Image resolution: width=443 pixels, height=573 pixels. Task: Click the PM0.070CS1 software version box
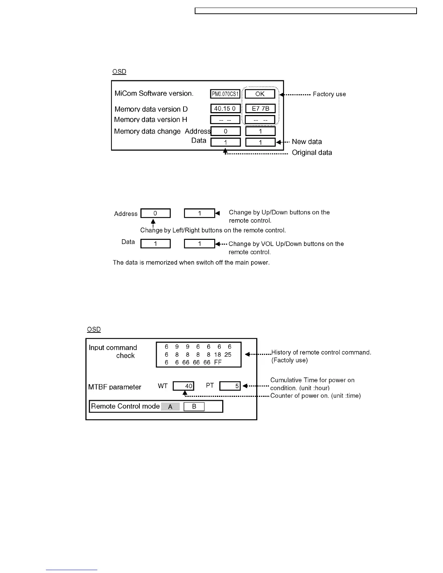click(225, 94)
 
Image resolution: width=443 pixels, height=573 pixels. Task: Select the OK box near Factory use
click(260, 94)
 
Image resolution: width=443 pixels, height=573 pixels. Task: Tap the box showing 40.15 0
click(225, 109)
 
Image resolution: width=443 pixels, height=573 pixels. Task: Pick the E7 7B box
click(260, 109)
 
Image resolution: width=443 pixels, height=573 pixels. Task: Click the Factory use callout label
click(329, 94)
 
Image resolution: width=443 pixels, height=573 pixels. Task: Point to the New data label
click(307, 142)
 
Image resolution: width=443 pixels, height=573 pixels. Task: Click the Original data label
click(312, 153)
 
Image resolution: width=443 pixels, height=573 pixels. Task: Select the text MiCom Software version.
click(154, 93)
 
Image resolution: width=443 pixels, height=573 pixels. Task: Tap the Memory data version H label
click(151, 120)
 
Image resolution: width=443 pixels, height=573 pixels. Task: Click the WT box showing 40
click(183, 386)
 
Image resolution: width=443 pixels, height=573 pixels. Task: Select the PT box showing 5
click(230, 386)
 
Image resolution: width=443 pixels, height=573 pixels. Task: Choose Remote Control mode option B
click(194, 407)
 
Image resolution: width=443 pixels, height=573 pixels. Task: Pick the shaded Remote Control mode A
click(170, 407)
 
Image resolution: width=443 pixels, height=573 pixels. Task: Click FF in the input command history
click(218, 362)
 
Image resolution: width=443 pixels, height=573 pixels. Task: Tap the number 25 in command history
click(228, 355)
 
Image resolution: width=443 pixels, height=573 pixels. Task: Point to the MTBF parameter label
click(115, 387)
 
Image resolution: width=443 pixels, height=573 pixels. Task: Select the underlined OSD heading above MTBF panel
click(94, 330)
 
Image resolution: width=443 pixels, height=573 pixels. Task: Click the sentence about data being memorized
click(191, 263)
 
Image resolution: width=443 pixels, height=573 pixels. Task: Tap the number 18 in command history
click(217, 355)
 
